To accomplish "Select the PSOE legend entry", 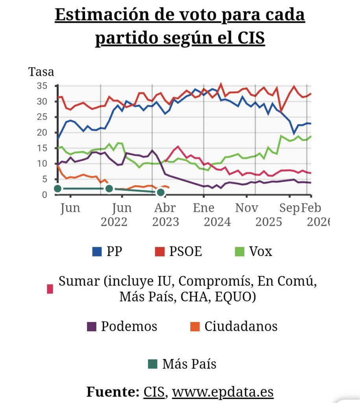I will coord(179,251).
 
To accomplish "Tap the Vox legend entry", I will coord(253,251).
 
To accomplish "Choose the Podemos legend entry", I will coord(122,326).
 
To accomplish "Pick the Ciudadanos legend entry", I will coord(234,326).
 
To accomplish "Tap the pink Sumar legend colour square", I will coord(50,289).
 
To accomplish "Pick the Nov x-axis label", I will coord(247,208).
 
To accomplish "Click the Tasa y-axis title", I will coord(41,72).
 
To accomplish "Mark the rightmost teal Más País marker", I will coord(160,192).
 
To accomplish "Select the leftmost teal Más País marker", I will coord(57,189).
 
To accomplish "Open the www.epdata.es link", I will coord(223,392).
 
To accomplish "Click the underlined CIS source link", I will coord(154,392).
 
